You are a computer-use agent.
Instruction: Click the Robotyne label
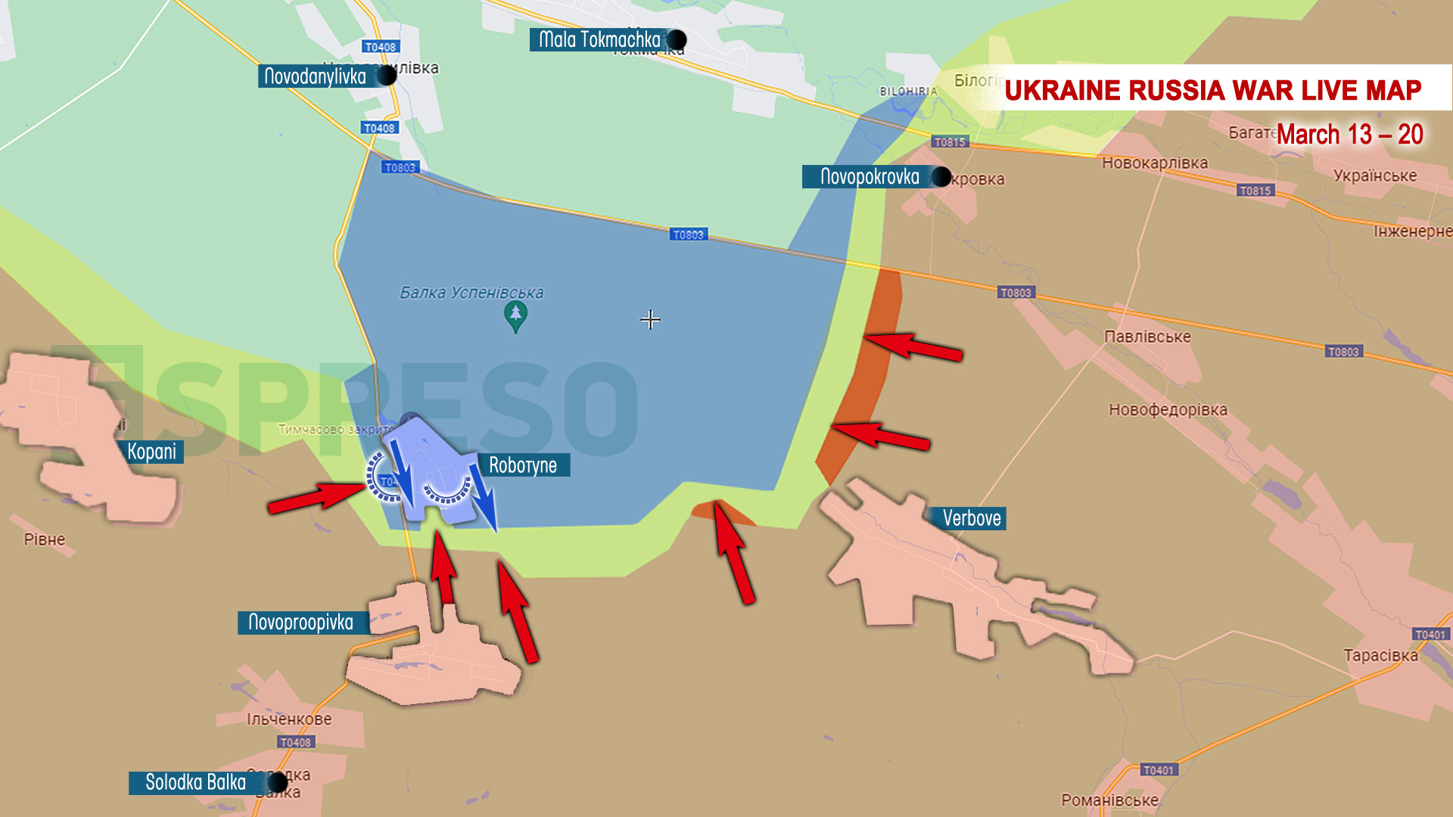(523, 465)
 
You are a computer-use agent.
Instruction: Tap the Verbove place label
(971, 518)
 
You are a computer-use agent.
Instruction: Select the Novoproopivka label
(301, 623)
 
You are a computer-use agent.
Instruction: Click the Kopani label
(151, 452)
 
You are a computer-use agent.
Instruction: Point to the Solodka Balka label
(195, 782)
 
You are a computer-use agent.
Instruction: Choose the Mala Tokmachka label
(599, 39)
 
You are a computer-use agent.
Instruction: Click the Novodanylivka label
(316, 76)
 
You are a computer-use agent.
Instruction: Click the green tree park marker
(515, 315)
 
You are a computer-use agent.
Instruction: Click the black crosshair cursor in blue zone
(650, 320)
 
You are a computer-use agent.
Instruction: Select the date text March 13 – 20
(1349, 135)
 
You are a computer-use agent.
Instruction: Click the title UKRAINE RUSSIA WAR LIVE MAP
(1212, 90)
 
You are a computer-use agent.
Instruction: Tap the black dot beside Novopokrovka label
(941, 177)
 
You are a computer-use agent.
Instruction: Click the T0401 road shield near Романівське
(1159, 770)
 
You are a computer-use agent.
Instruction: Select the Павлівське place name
(1147, 337)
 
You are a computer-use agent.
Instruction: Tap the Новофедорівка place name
(1168, 410)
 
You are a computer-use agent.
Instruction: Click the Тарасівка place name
(1380, 656)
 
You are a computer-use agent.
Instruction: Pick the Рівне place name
(45, 539)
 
